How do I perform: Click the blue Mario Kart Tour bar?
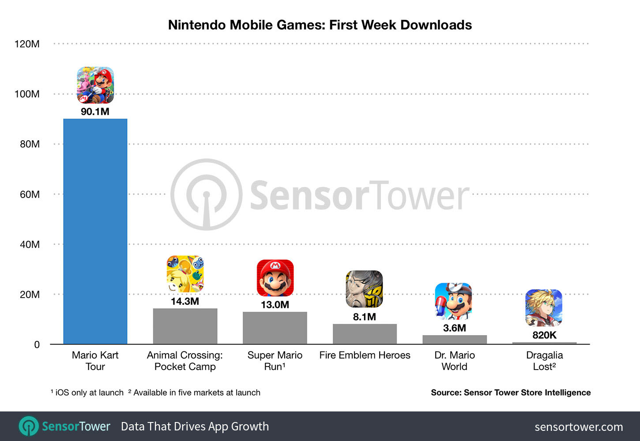point(95,232)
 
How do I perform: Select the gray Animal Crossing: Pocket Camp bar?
point(185,326)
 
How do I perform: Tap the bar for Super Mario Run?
point(275,328)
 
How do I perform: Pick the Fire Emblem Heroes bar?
point(365,334)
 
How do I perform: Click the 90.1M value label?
point(95,112)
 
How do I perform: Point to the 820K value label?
point(544,335)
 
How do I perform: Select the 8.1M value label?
point(365,317)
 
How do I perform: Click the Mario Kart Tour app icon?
point(95,85)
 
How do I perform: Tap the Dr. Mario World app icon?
point(453,302)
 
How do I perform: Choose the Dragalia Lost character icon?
point(544,308)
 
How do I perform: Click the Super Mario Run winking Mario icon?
point(275,278)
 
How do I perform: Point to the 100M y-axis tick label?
point(27,94)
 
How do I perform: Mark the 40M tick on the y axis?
point(30,244)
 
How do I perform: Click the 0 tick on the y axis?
point(37,345)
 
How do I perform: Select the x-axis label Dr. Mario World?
point(454,361)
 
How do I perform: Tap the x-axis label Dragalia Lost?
point(544,361)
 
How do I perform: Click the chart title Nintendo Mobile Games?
point(320,25)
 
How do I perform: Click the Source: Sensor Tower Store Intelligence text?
point(511,392)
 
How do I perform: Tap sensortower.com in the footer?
point(579,427)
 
